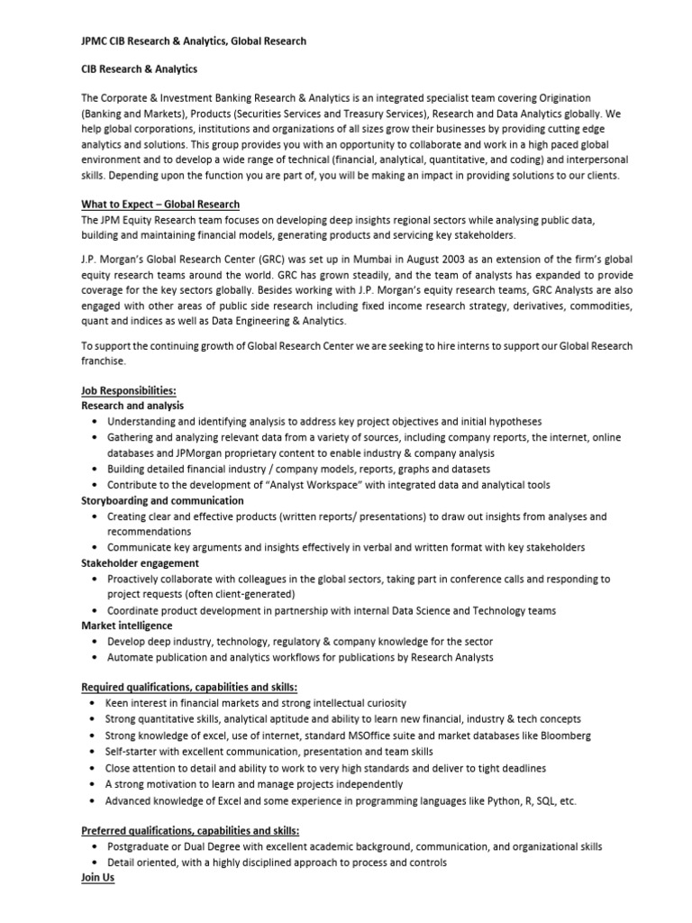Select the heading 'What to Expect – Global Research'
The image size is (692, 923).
coord(160,205)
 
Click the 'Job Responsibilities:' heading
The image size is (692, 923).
coord(129,390)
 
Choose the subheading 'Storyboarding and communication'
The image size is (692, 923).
coord(162,500)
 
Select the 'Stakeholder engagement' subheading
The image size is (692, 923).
coord(140,563)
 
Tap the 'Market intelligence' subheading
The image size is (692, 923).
coord(127,626)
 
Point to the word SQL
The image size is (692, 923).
coord(543,800)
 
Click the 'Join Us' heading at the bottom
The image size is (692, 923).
coord(98,877)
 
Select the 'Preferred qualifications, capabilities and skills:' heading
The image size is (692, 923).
coord(190,830)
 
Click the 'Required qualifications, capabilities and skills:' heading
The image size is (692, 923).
coord(189,688)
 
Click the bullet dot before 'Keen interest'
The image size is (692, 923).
coord(96,703)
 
